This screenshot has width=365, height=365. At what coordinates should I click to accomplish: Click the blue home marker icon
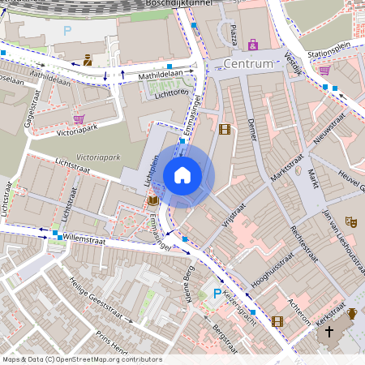182,175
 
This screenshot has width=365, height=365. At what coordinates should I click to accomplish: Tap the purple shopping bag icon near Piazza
253,45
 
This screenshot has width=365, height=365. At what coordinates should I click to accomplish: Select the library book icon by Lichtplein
152,200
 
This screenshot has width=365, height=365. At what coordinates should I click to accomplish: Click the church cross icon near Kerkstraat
329,332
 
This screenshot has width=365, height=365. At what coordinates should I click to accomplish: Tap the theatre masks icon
350,221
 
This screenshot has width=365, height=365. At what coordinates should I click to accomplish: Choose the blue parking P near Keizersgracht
217,293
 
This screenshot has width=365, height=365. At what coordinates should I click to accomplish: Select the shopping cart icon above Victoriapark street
79,118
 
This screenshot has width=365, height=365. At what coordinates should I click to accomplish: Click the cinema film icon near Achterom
278,321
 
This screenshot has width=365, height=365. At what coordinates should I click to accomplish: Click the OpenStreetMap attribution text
81,359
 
